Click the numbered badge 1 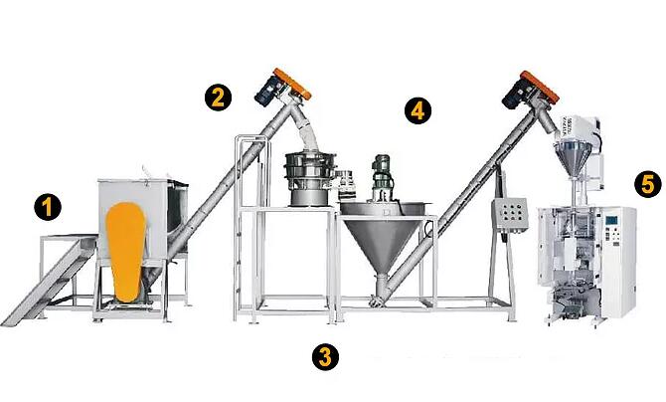[48, 207]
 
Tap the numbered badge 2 [218, 98]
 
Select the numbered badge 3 [325, 356]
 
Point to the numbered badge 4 [417, 110]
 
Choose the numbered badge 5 [648, 185]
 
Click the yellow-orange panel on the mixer [125, 252]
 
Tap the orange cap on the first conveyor [292, 84]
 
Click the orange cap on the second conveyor [540, 87]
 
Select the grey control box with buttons [510, 215]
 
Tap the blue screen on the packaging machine [611, 221]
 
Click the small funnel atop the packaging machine [572, 158]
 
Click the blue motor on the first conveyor [266, 91]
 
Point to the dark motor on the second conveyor [515, 95]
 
